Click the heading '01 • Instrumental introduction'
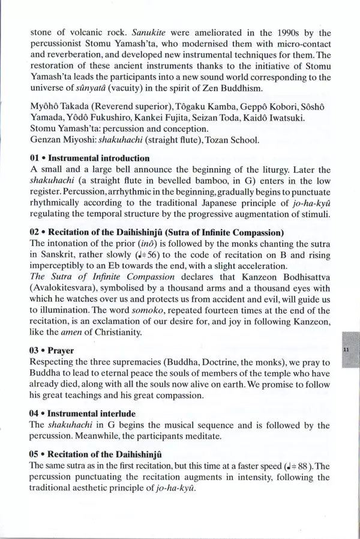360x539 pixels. click(x=89, y=158)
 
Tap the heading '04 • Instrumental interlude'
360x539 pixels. click(x=82, y=414)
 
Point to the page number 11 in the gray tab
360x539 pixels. click(x=347, y=348)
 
